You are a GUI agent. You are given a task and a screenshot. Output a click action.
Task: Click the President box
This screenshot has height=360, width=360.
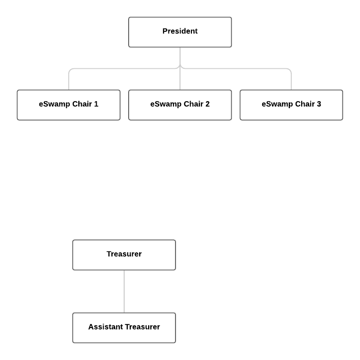pyautogui.click(x=180, y=32)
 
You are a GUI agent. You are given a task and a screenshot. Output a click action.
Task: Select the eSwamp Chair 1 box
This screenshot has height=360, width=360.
pyautogui.click(x=69, y=105)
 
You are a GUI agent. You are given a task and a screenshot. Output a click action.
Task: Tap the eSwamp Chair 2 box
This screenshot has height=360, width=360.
pyautogui.click(x=180, y=105)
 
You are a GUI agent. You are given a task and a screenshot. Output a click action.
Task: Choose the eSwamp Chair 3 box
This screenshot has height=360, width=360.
pyautogui.click(x=291, y=105)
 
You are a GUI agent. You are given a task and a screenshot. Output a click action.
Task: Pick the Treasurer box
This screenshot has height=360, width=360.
pyautogui.click(x=124, y=255)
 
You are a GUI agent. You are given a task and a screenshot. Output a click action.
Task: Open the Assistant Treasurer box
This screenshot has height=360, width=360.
pyautogui.click(x=124, y=328)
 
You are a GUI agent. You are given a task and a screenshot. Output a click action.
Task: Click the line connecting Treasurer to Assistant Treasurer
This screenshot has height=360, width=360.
pyautogui.click(x=124, y=291)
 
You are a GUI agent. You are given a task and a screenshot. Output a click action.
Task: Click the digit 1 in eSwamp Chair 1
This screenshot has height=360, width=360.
pyautogui.click(x=96, y=104)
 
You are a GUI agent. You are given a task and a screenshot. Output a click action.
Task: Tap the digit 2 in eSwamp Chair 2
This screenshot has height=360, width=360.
pyautogui.click(x=207, y=104)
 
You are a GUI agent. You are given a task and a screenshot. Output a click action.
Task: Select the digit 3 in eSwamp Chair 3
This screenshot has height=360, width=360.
pyautogui.click(x=319, y=104)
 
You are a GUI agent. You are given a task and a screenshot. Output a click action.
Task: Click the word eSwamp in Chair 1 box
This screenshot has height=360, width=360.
pyautogui.click(x=54, y=105)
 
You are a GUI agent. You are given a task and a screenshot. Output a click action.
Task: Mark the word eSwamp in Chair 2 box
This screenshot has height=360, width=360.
pyautogui.click(x=166, y=105)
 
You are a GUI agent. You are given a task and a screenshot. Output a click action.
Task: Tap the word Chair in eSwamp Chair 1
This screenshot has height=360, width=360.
pyautogui.click(x=82, y=104)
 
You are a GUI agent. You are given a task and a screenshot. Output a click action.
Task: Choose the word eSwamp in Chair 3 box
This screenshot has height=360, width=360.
pyautogui.click(x=277, y=105)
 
